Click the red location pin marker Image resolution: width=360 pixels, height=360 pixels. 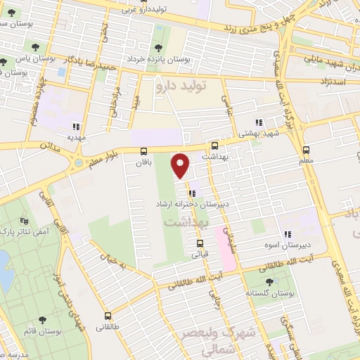pos(181,165)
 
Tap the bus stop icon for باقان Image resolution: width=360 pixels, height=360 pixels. pos(144,151)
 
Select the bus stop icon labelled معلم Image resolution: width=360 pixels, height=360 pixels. pos(306,150)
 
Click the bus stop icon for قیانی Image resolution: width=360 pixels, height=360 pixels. pos(199,245)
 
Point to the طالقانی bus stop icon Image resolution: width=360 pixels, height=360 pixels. pos(108,316)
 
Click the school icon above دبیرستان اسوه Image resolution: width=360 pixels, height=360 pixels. pos(287,234)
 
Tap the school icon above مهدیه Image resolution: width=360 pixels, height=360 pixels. pos(75,127)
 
